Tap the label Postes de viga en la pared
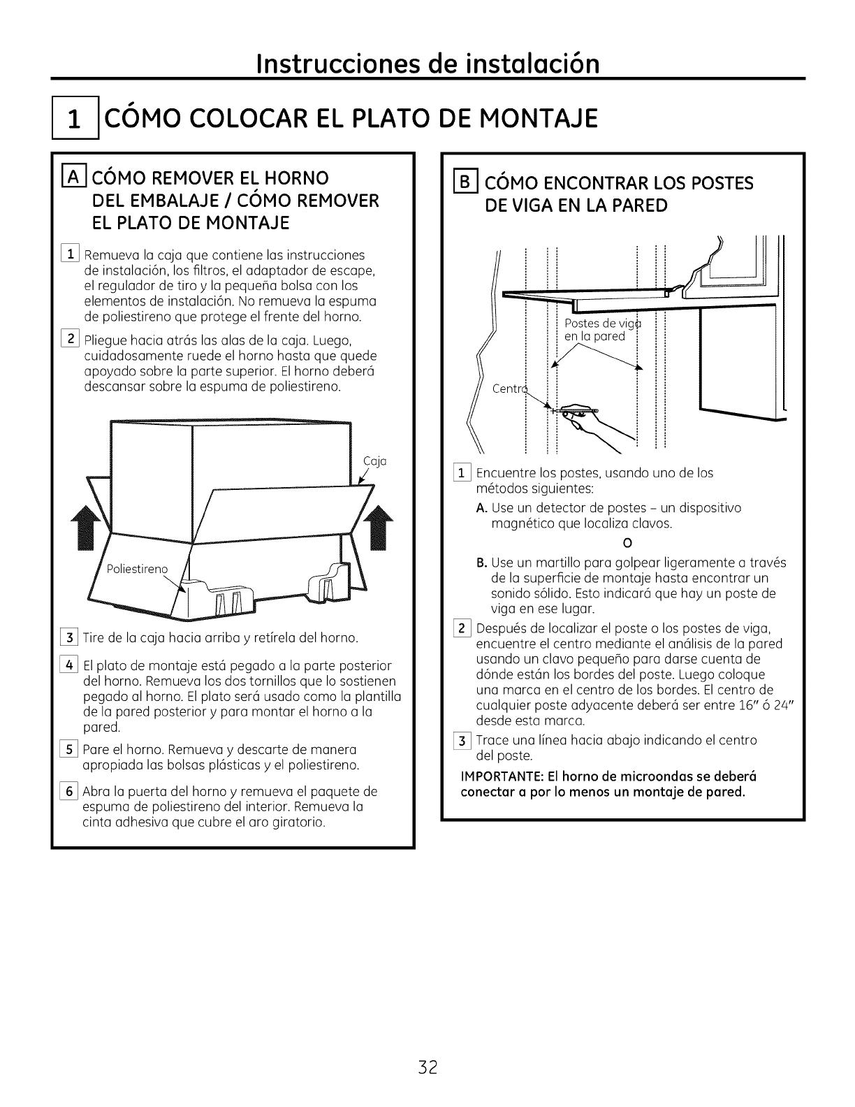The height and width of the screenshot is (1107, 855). coord(599,330)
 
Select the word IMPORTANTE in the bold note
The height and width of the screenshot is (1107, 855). coord(499,776)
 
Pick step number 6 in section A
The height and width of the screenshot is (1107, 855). coord(71,792)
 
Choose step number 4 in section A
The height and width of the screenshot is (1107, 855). coord(71,665)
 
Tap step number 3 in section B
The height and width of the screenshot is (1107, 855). coord(462,740)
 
